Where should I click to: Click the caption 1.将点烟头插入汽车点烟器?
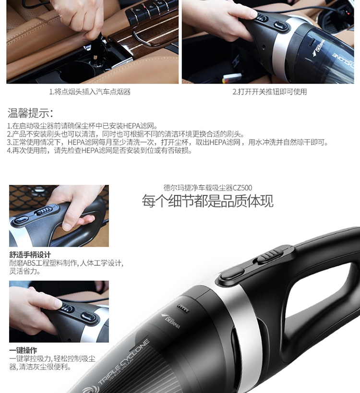(x=90, y=92)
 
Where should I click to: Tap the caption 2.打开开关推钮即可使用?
(x=269, y=92)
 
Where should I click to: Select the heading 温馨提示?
(x=31, y=113)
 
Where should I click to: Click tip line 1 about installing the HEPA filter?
(x=82, y=126)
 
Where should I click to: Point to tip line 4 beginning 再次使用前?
(x=99, y=151)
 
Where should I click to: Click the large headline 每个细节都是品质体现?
(x=207, y=201)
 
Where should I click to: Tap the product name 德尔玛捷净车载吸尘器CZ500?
(x=207, y=188)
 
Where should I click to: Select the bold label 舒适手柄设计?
(x=30, y=255)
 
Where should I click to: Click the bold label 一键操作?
(x=23, y=350)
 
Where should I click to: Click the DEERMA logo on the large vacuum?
(x=171, y=321)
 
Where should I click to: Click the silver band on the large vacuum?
(x=244, y=328)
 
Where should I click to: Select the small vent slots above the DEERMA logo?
(x=183, y=308)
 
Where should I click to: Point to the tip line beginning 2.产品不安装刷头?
(x=126, y=134)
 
